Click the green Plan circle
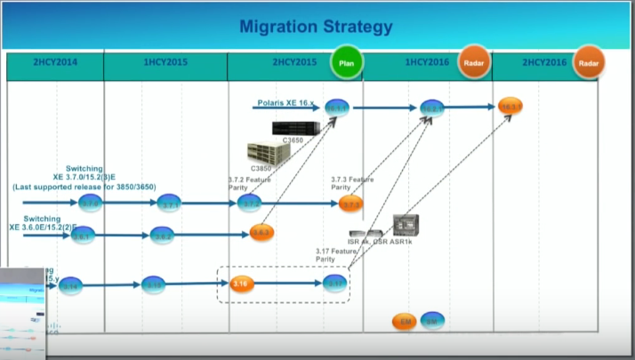tap(348, 62)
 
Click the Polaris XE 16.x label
tap(284, 104)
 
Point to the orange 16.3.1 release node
tap(510, 106)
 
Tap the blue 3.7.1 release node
tap(171, 204)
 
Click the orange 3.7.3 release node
tap(351, 204)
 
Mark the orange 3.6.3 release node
tap(261, 233)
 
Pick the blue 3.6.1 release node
tap(82, 236)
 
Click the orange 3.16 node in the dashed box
tap(241, 284)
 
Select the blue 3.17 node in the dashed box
tap(334, 284)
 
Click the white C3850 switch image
tap(269, 154)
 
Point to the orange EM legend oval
tap(403, 320)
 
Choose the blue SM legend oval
tap(432, 320)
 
